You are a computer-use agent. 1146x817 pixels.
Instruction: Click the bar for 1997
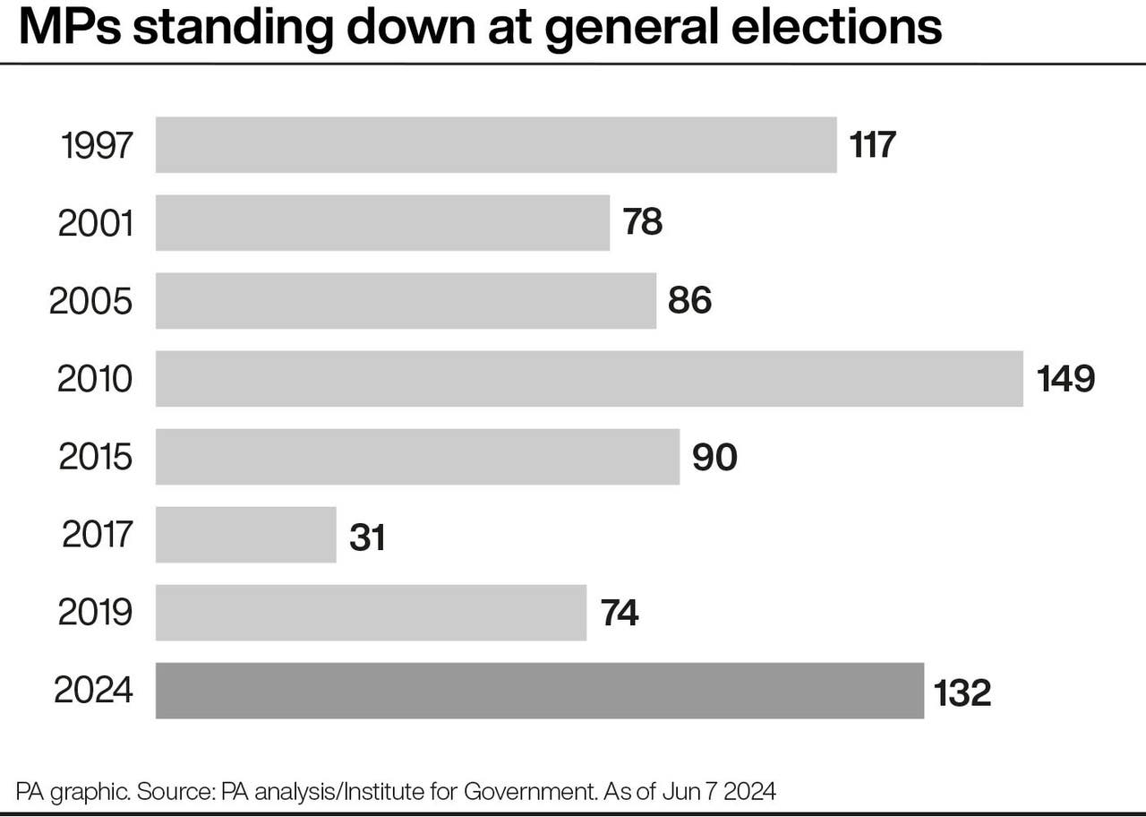pos(496,144)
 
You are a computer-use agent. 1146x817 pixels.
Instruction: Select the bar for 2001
pos(382,222)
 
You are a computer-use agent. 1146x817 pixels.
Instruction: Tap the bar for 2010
pos(589,378)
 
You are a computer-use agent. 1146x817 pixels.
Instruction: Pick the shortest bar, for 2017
pos(246,535)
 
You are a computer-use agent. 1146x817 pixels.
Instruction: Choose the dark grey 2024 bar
pos(540,691)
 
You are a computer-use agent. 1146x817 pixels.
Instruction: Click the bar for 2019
pos(371,613)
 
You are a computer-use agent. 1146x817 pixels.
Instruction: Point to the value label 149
pos(1065,379)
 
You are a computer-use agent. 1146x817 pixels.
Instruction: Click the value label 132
pos(962,692)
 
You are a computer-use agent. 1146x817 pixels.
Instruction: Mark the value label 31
pos(367,537)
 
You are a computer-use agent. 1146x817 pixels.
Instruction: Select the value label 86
pos(689,301)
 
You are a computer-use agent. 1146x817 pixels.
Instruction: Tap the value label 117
pos(872,145)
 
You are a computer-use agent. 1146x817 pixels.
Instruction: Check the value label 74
pos(618,615)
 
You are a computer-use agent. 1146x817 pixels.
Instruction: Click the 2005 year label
pos(91,301)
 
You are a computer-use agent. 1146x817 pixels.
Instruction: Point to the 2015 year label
pos(96,457)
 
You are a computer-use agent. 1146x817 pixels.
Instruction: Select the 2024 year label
pos(94,691)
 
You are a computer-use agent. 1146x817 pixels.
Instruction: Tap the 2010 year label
pos(95,379)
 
